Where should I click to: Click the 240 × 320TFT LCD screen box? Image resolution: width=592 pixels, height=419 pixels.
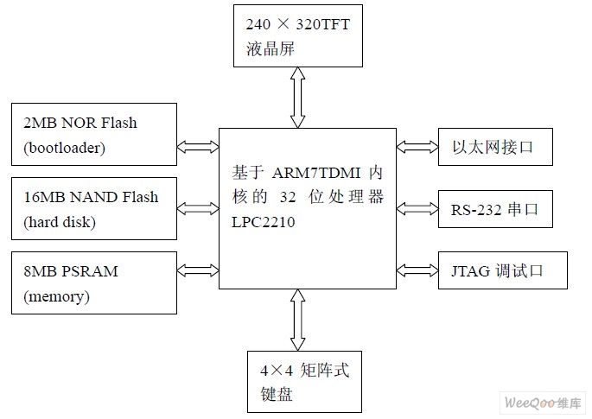297,35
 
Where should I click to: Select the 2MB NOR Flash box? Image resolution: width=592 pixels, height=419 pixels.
92,135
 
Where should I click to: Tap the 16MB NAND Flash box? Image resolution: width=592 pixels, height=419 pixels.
92,208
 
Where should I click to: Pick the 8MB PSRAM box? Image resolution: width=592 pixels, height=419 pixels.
92,283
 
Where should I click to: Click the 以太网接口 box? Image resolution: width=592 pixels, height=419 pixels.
494,147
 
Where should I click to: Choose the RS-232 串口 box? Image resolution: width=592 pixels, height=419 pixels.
494,208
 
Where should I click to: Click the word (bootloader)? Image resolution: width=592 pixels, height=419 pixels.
65,148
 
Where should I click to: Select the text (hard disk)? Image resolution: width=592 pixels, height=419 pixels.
60,222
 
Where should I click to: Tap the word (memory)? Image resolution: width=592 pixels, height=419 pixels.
57,296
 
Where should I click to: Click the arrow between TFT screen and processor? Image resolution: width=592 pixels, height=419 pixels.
297,97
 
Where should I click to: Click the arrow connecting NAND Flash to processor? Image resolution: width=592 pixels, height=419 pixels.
198,208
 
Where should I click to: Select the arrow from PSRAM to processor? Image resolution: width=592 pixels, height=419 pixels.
198,270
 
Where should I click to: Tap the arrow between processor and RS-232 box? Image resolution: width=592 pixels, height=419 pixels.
417,208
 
